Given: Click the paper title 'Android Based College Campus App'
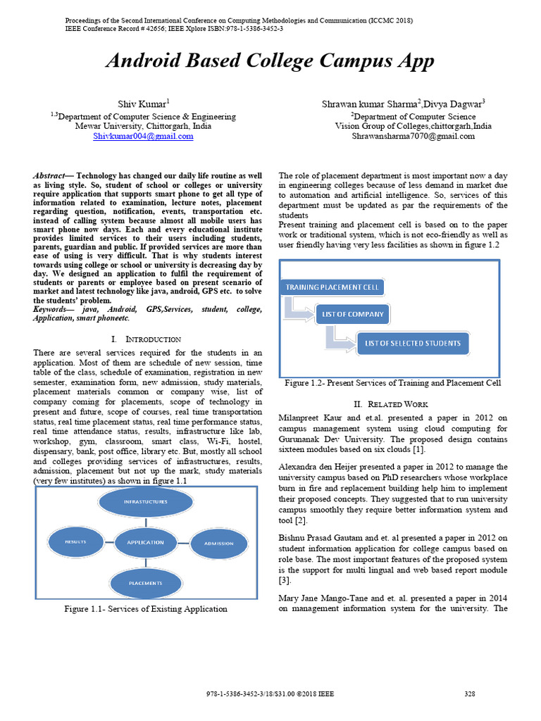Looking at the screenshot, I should (270, 61).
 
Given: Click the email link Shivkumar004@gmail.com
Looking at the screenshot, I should (143, 137).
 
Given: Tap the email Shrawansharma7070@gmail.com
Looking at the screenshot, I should (413, 137).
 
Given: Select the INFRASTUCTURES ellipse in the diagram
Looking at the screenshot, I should (146, 502).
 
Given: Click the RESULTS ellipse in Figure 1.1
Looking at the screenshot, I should (75, 541).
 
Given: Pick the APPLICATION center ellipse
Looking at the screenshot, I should (145, 542).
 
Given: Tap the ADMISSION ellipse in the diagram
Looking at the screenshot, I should (218, 543).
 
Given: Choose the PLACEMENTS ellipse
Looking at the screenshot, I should (146, 583).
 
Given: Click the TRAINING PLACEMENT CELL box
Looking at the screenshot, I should (332, 287).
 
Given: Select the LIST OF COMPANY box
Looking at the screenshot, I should (352, 314).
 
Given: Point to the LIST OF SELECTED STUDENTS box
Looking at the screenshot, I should (413, 344).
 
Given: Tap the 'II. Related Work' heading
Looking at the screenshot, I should (390, 404).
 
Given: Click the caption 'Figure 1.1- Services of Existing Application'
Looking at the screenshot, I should (146, 608).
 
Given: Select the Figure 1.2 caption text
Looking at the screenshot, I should (392, 383).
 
